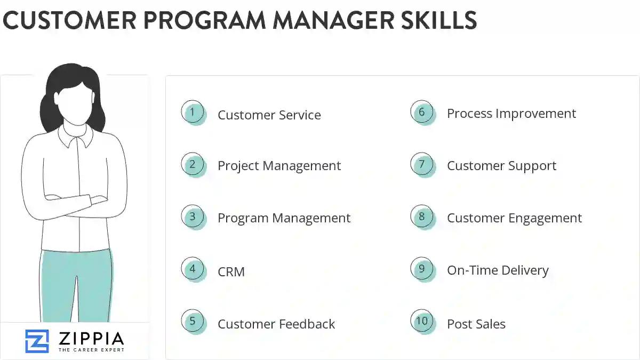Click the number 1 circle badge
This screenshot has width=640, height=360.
point(193,113)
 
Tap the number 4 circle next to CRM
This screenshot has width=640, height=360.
point(193,269)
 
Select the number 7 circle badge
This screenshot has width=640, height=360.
point(422,164)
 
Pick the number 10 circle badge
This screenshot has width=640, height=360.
point(422,321)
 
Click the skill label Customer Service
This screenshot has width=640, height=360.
point(269,115)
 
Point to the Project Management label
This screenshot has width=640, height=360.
point(279,166)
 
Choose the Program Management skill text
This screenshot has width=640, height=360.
point(284,218)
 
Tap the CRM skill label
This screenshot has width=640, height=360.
point(231,272)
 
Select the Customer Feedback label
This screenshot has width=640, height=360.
point(276,324)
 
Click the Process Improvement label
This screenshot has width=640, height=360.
point(511,114)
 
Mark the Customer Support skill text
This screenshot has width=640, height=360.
point(501,166)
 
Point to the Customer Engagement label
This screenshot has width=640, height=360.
point(514,218)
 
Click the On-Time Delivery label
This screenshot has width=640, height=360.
point(498,270)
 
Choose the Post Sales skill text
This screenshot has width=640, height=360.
point(476,324)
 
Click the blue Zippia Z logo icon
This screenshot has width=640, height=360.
point(37,341)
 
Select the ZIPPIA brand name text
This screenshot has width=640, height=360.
point(91,338)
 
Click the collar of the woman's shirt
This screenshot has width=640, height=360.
point(75,137)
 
